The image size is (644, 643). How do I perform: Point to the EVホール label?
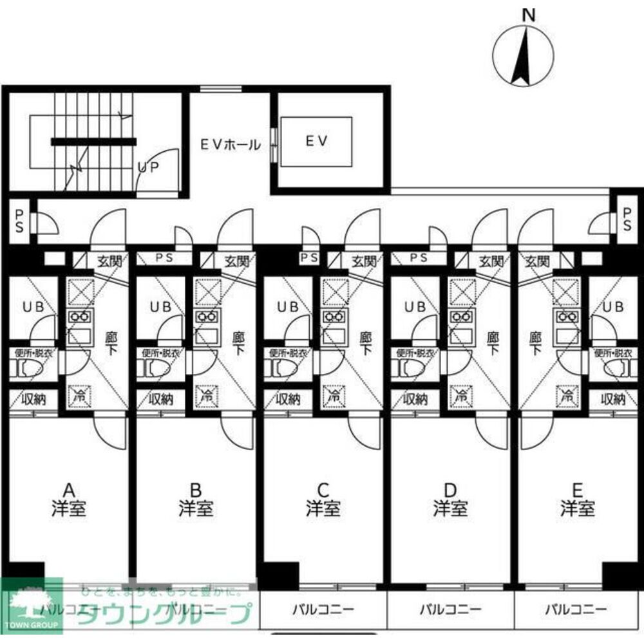point(230,145)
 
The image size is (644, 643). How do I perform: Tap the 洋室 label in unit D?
point(450,509)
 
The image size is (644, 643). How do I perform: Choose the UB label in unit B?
point(160,307)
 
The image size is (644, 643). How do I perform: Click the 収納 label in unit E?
point(612,399)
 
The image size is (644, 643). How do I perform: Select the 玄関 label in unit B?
point(238,261)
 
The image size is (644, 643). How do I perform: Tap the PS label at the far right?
point(627,221)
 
